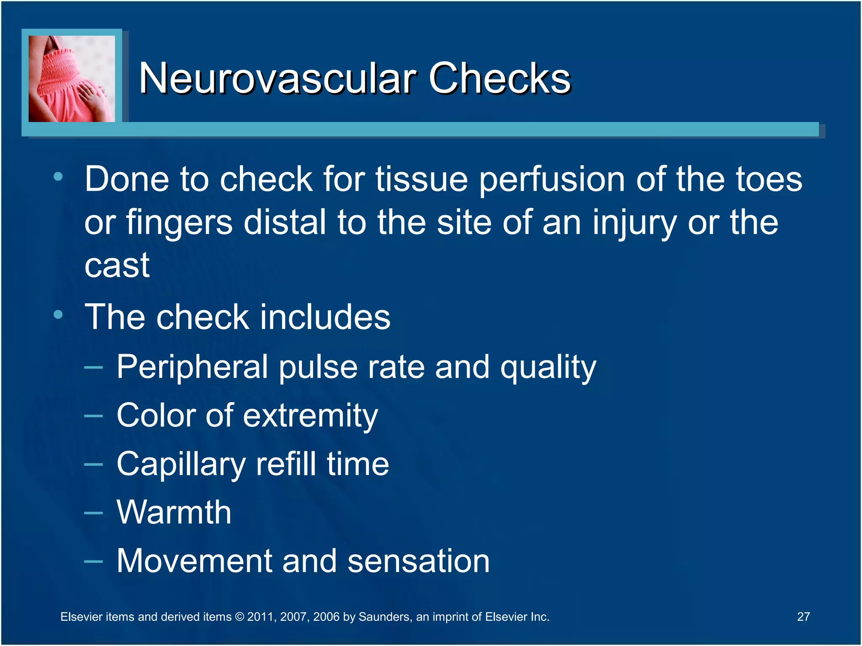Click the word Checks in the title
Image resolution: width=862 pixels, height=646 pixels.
499,78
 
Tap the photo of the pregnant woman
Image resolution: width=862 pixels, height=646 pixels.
72,79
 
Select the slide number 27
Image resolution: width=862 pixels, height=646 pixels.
803,617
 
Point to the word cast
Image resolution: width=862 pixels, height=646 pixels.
117,266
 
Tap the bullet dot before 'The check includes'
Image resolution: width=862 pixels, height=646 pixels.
58,314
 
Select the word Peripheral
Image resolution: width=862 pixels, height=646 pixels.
192,367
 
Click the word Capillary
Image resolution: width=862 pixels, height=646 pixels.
181,464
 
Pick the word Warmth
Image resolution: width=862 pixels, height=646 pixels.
174,512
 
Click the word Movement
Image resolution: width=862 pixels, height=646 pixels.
194,561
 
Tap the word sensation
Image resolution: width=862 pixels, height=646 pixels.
418,561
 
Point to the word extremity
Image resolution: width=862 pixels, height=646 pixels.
310,416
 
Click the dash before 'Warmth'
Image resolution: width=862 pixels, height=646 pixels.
93,513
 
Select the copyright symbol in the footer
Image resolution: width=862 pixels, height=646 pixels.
239,617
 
